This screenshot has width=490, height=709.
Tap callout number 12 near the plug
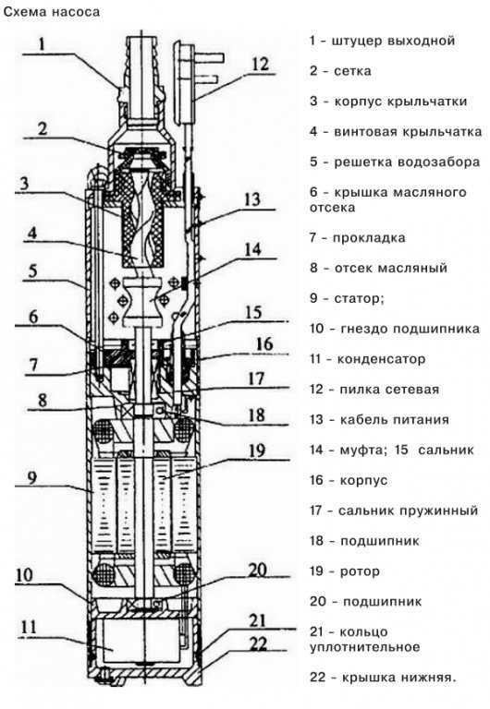click(x=262, y=65)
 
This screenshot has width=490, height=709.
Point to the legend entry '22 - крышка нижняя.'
click(x=383, y=677)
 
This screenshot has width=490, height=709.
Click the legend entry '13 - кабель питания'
click(x=379, y=419)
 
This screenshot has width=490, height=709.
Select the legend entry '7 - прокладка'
click(x=357, y=237)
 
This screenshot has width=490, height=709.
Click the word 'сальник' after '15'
click(x=446, y=450)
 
